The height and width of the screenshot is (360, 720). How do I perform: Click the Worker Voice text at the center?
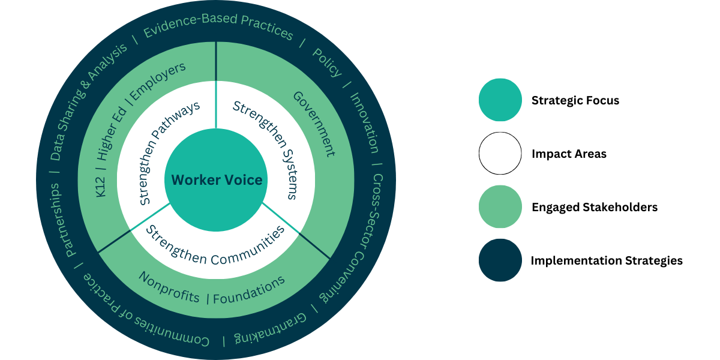pyautogui.click(x=217, y=180)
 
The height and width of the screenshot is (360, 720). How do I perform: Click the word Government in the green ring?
pyautogui.click(x=314, y=124)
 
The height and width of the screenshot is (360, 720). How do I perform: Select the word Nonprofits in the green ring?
pyautogui.click(x=169, y=287)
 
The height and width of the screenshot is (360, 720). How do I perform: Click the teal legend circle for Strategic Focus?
pyautogui.click(x=500, y=100)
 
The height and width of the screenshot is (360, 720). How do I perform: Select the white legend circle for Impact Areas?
pyautogui.click(x=500, y=154)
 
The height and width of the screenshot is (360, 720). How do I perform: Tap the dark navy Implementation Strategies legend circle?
pyautogui.click(x=500, y=260)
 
